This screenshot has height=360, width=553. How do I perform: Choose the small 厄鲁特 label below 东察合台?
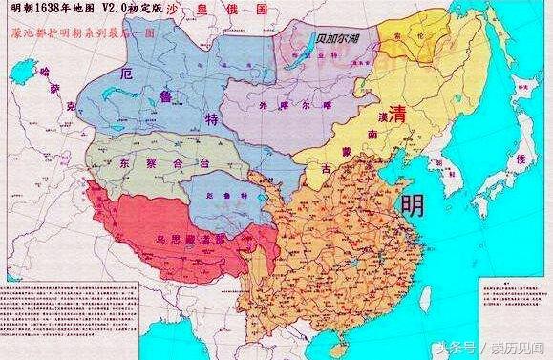click(221, 194)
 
